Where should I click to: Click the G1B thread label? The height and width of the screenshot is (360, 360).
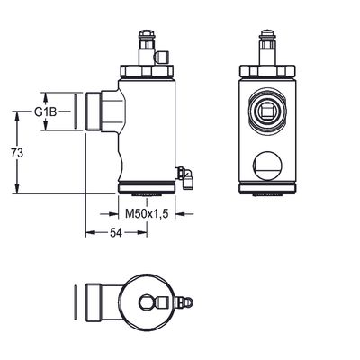(45, 112)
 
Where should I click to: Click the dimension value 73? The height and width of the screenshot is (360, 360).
(17, 153)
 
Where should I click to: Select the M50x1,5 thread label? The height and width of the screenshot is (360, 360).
(146, 214)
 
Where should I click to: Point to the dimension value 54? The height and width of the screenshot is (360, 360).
(116, 233)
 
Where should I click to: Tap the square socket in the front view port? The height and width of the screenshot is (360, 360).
(266, 112)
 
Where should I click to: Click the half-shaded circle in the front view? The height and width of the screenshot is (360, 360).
(267, 166)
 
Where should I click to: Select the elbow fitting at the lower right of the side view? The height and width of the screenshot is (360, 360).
(185, 177)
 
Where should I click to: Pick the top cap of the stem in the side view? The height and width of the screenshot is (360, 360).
(146, 33)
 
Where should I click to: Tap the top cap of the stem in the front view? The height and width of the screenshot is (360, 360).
(267, 33)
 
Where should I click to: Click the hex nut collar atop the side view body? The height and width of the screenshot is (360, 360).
(147, 72)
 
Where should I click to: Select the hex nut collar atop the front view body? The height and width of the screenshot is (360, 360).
(267, 72)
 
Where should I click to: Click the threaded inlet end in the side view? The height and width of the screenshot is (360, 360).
(93, 112)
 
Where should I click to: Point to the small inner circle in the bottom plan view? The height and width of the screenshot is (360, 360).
(147, 301)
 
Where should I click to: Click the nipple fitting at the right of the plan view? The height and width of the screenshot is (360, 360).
(185, 301)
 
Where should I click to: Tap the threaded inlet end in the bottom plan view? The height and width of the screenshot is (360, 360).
(93, 301)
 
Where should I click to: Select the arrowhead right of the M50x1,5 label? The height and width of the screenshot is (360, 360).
(181, 214)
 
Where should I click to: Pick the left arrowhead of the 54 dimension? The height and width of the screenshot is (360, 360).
(91, 233)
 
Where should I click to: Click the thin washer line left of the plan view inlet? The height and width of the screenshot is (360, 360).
(76, 301)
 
